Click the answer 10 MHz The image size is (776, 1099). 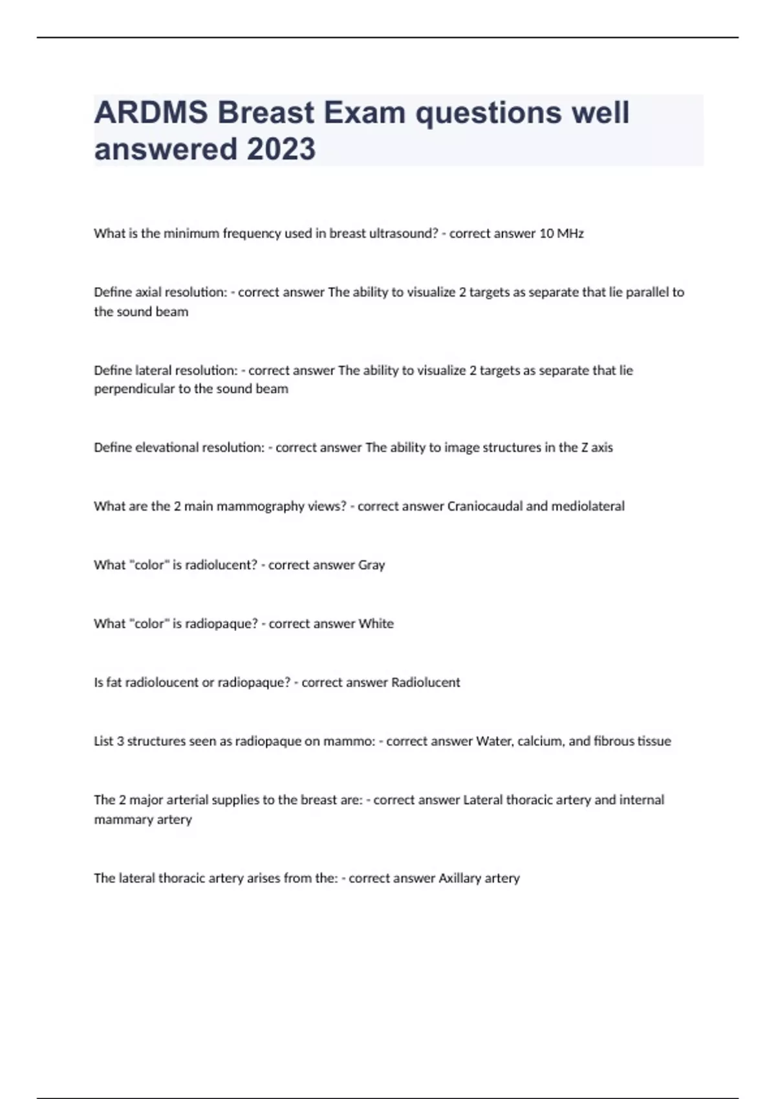(x=561, y=233)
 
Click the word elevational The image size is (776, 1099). (x=167, y=447)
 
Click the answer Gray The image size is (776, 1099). (x=371, y=565)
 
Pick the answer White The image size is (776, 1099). (x=376, y=624)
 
